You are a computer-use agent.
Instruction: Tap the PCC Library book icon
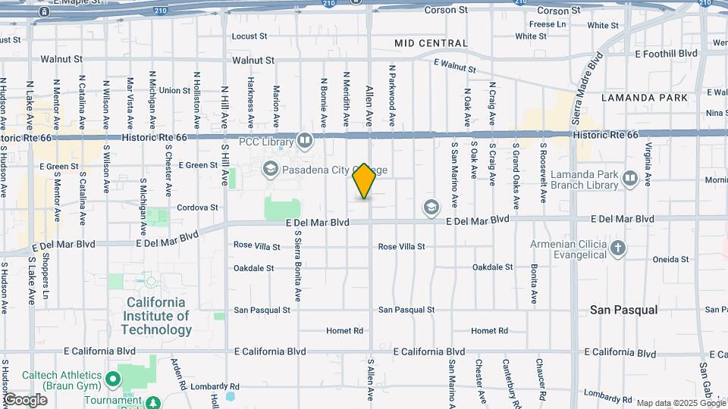(x=304, y=140)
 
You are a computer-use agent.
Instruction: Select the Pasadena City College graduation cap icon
(x=271, y=168)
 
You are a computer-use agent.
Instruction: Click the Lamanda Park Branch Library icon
(x=630, y=179)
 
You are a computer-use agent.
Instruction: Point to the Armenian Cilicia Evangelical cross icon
(x=618, y=248)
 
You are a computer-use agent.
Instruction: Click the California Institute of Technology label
(x=155, y=316)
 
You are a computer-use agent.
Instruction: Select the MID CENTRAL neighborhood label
(x=431, y=43)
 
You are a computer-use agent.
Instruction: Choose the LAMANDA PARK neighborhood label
(x=645, y=98)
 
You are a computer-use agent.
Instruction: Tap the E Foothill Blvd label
(x=666, y=54)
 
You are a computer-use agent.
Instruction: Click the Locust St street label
(x=249, y=36)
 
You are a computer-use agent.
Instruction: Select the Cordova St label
(x=197, y=207)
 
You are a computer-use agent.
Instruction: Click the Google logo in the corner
(x=25, y=399)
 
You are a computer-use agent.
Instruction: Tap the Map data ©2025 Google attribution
(x=680, y=403)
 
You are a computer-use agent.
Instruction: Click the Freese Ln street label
(x=548, y=24)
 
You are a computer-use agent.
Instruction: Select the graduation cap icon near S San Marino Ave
(x=431, y=207)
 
